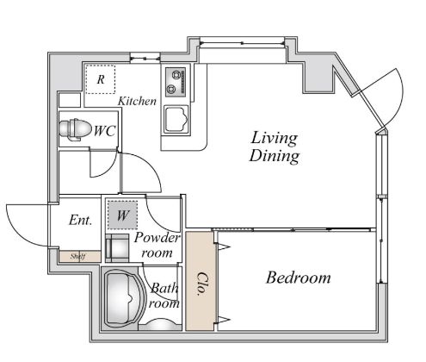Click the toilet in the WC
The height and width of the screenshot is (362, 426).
point(74,129)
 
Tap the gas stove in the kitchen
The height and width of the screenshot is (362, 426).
point(175,82)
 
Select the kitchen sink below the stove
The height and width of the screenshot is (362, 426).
point(176,119)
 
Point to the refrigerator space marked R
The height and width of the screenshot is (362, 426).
point(101,79)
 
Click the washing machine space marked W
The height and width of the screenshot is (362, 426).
point(122,215)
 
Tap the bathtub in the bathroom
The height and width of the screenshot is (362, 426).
point(124,298)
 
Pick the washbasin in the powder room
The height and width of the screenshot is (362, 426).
point(117,247)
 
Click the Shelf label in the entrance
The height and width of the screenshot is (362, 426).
point(78,256)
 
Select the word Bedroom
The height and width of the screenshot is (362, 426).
point(299,278)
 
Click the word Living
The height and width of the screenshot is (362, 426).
point(275,138)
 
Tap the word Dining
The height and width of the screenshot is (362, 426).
point(275,156)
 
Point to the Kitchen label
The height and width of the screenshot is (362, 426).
point(137,101)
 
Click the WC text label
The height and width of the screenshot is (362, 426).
point(105,131)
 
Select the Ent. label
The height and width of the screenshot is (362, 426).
point(81,221)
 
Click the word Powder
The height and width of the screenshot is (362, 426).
point(157,238)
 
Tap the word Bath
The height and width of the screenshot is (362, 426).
point(164,288)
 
